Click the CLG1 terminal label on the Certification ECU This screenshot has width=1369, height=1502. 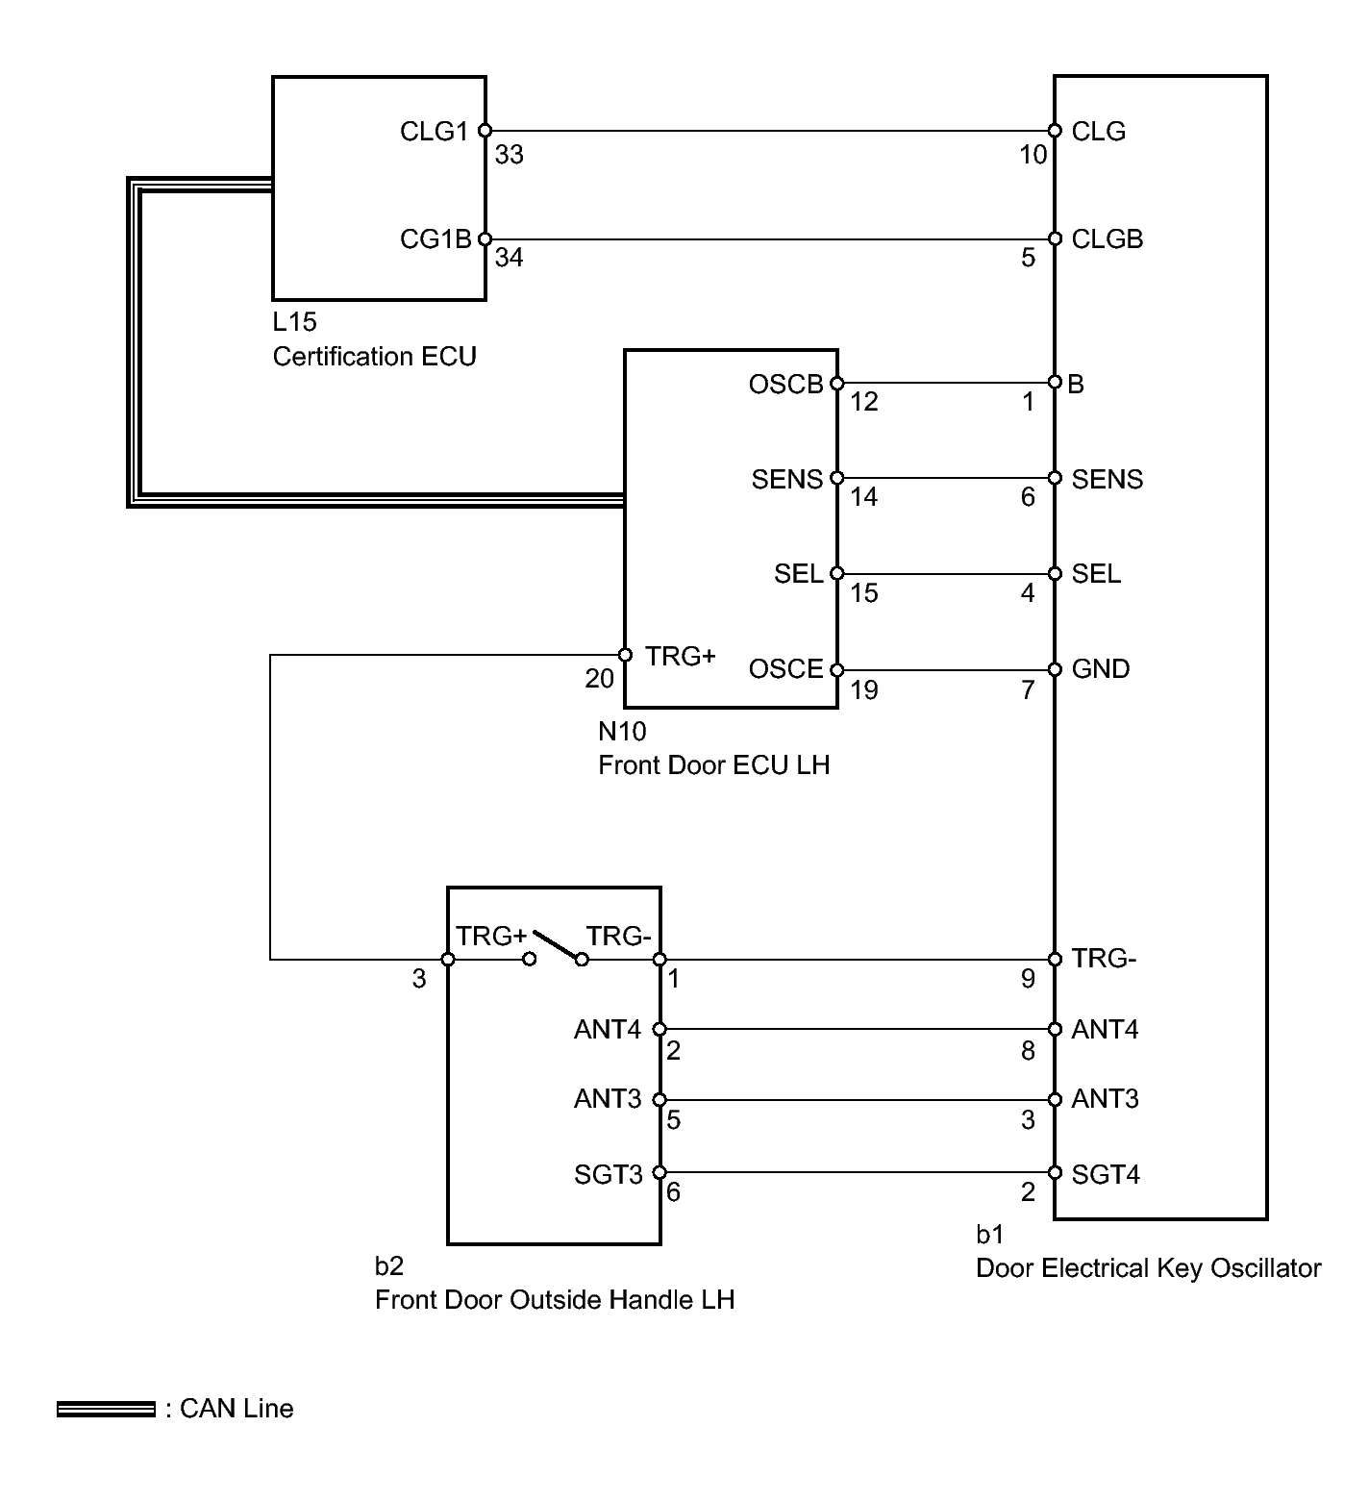click(434, 132)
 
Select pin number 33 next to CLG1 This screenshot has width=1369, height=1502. click(509, 155)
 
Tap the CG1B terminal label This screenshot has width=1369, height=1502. click(436, 239)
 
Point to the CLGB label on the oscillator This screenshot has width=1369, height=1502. click(1108, 239)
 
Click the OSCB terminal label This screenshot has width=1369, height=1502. click(786, 385)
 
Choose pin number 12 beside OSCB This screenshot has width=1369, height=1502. click(864, 402)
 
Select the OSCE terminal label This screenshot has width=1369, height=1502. click(786, 669)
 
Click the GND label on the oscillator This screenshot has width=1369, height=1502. click(1101, 669)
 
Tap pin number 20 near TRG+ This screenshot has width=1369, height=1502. click(599, 679)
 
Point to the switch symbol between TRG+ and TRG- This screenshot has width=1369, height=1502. click(556, 947)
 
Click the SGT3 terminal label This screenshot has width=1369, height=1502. click(609, 1174)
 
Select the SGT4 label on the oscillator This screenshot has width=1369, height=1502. click(1106, 1174)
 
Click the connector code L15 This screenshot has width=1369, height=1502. click(294, 322)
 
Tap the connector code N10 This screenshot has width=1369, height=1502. click(622, 732)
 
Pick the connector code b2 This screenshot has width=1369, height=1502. click(388, 1266)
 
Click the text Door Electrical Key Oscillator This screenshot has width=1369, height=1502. click(1149, 1268)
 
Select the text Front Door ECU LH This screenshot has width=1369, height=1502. click(713, 765)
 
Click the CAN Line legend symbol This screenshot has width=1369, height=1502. click(106, 1410)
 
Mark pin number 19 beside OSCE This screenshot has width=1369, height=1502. click(864, 690)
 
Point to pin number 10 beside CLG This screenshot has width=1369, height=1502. click(1033, 155)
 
